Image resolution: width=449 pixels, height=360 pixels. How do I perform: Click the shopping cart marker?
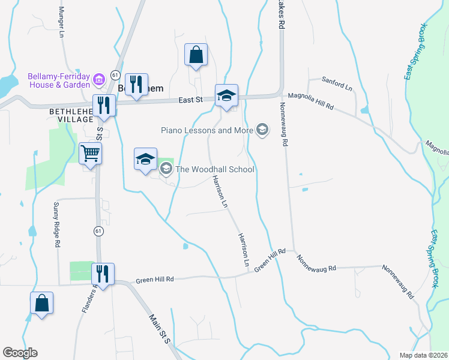pos(90,154)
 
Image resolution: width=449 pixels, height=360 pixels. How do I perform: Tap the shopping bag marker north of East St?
pos(196,55)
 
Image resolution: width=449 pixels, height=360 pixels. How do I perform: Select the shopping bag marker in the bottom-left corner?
pos(42,304)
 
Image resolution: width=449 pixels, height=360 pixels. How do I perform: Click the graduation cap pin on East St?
pos(226,95)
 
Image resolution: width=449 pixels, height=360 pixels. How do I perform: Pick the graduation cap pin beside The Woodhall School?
pos(145,160)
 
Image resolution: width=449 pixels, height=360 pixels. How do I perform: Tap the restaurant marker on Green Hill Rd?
pos(103,275)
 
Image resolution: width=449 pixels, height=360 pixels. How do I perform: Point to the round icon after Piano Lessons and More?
pos(262,130)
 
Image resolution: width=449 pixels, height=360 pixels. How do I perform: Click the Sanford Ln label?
pos(337,83)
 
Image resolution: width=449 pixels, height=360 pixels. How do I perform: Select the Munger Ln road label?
pos(61,23)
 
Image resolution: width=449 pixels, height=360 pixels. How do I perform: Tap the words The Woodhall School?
pos(214,169)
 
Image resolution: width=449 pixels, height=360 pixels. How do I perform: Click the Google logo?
pos(20,353)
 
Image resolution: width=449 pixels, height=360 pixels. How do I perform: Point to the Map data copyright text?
pos(423,355)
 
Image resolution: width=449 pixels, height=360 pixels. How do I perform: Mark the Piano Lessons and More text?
pos(206,130)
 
